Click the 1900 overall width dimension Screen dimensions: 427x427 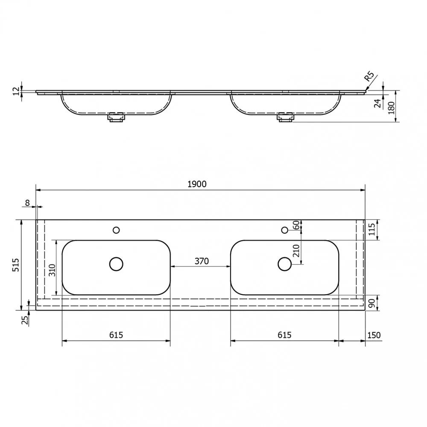tap(197, 184)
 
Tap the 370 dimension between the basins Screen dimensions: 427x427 tap(202, 261)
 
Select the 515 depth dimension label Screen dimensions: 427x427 tap(16, 265)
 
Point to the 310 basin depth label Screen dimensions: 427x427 tap(52, 270)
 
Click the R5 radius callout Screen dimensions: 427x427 tap(369, 76)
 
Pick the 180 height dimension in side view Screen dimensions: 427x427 tap(391, 108)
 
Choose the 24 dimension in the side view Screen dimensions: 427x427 tap(378, 103)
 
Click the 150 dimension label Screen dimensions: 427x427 tap(374, 335)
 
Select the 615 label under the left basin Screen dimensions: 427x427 tap(116, 335)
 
